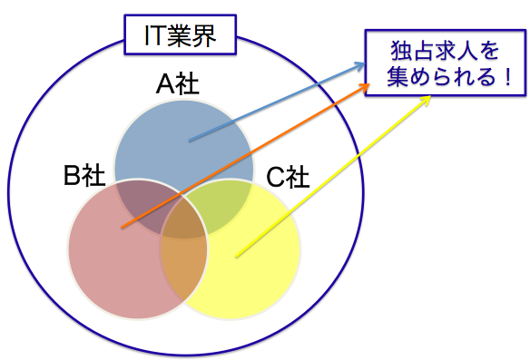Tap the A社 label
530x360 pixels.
point(178,85)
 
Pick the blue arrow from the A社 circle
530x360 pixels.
point(272,103)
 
